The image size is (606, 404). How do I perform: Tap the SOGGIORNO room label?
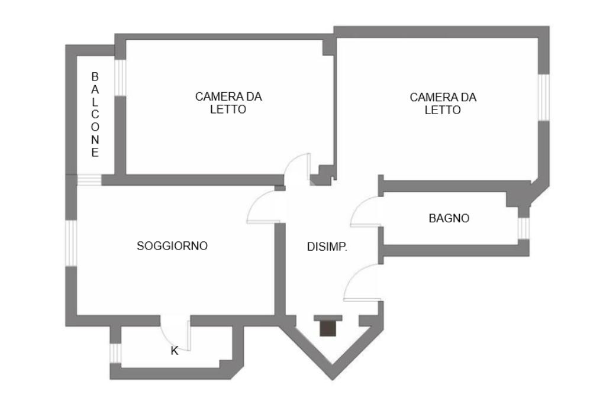[172, 246]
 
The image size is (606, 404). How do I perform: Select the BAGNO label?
[449, 218]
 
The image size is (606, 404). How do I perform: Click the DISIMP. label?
[327, 247]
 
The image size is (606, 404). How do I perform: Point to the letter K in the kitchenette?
[175, 351]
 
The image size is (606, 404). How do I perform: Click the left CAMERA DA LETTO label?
[228, 103]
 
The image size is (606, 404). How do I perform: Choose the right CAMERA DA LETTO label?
[443, 103]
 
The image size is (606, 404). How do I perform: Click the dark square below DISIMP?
[328, 328]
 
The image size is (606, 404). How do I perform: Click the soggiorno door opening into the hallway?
[263, 208]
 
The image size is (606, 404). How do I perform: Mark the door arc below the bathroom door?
[362, 283]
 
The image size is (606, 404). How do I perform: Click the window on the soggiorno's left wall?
[70, 243]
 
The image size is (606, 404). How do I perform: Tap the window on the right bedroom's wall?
[544, 98]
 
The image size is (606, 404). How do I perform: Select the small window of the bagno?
[523, 228]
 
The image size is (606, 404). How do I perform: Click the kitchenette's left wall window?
[115, 353]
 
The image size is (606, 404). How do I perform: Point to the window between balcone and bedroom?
[120, 77]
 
